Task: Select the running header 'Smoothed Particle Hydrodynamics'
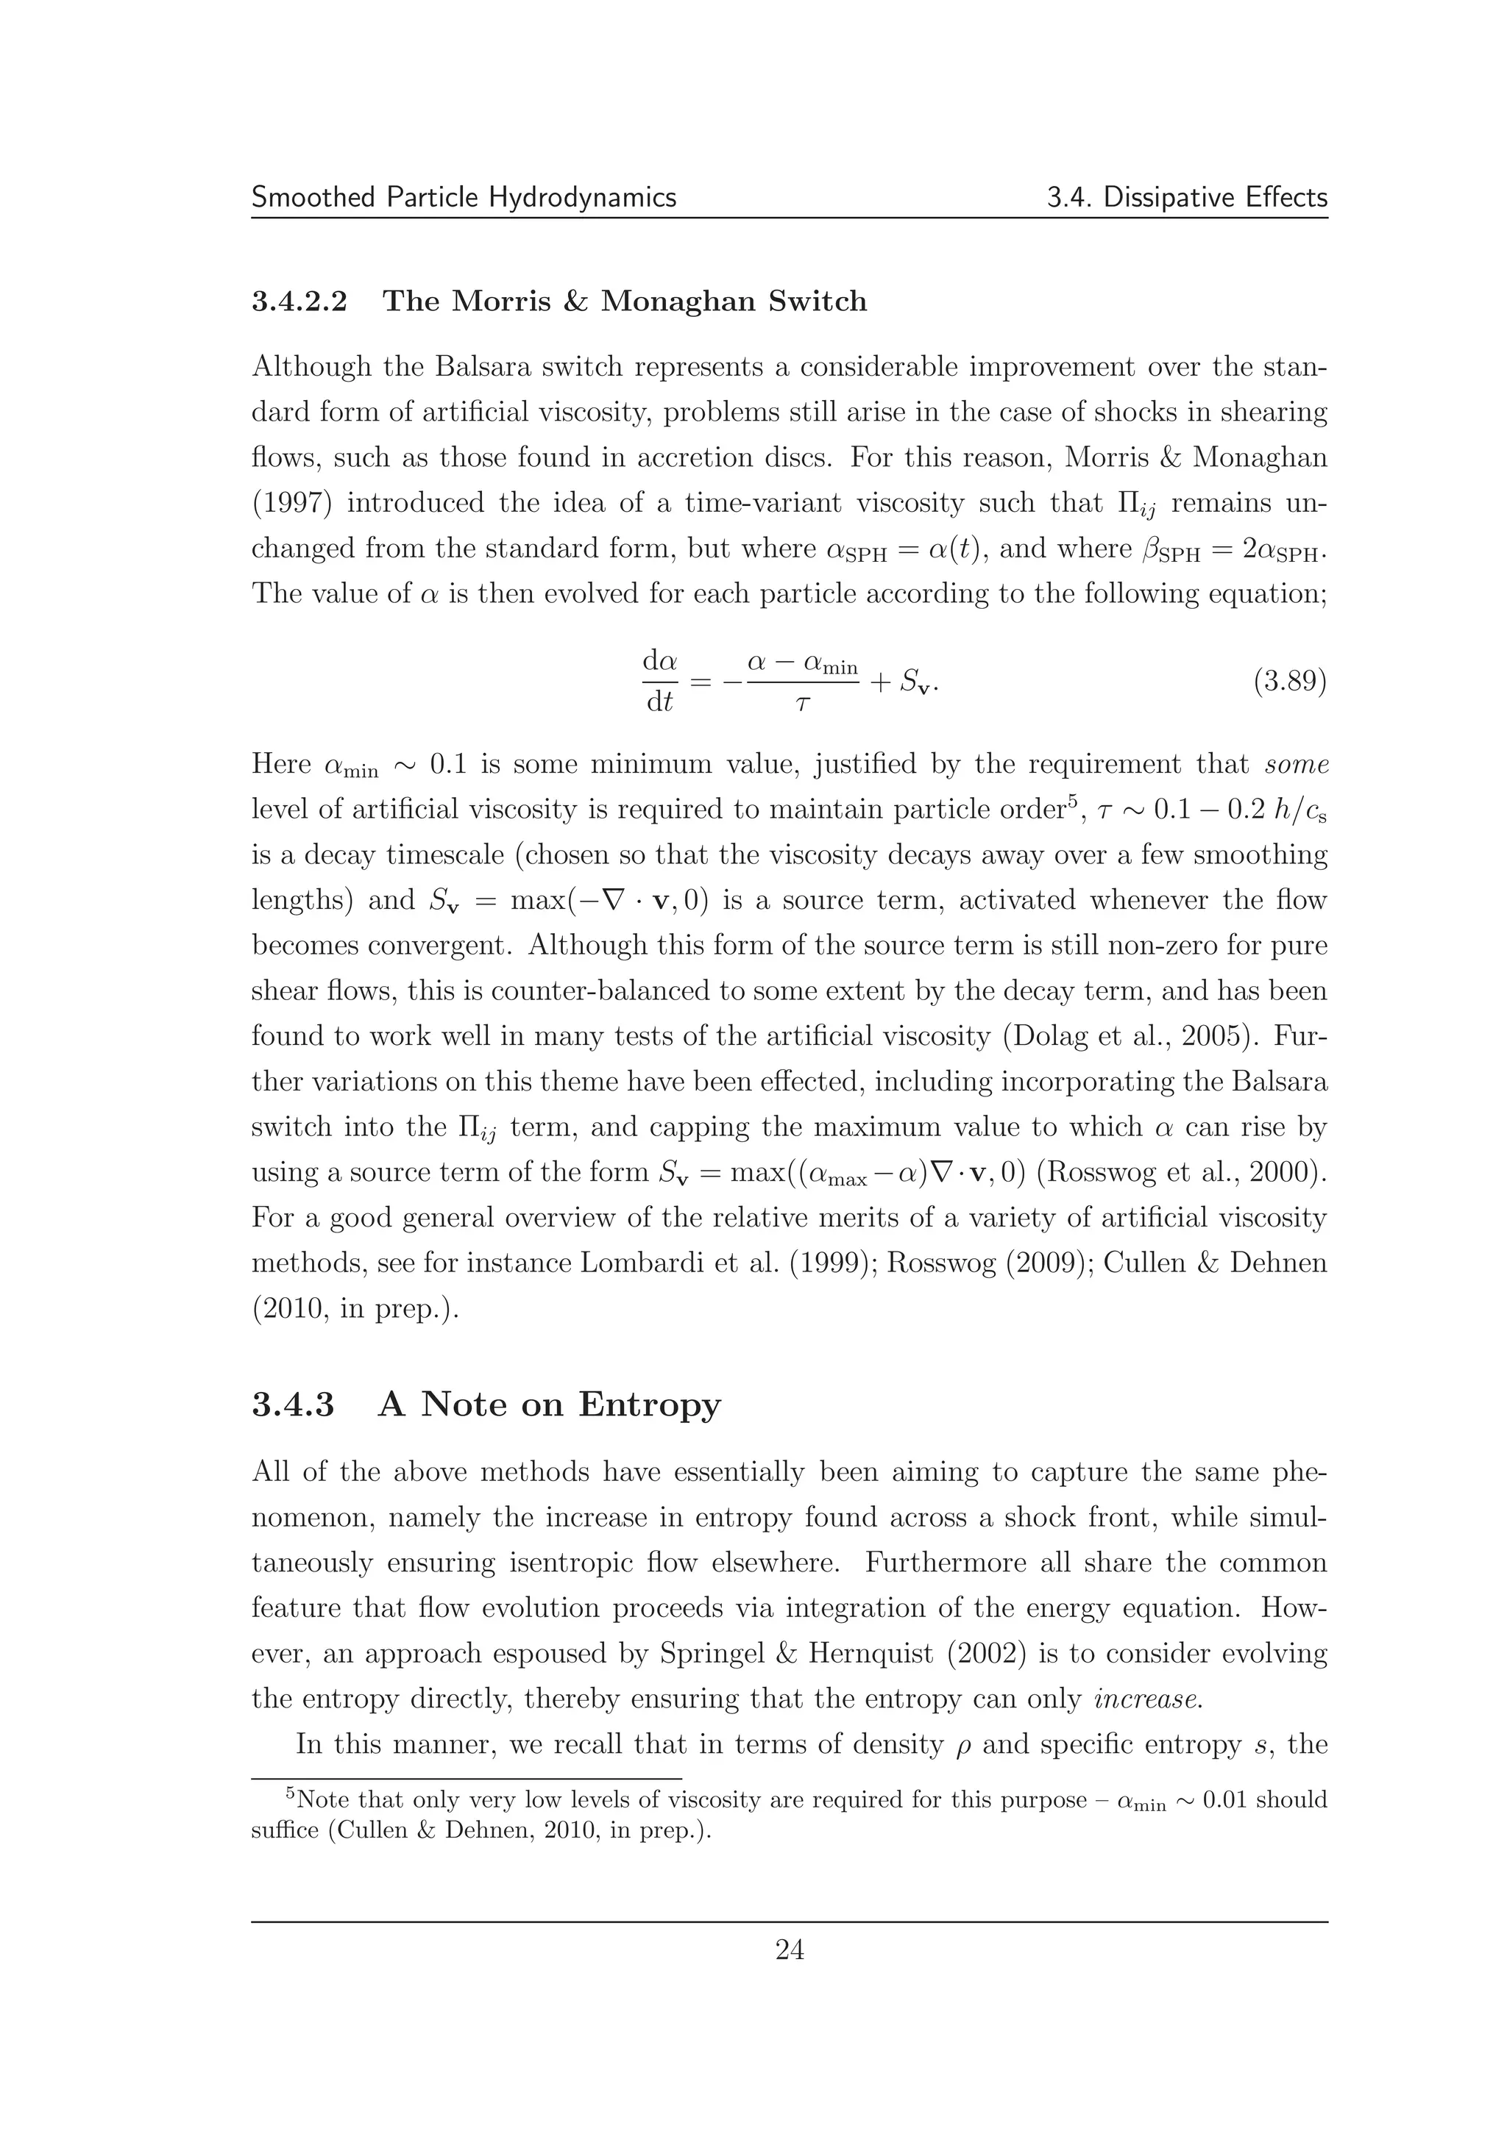464,198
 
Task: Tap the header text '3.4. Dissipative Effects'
1187,198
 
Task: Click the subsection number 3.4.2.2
299,301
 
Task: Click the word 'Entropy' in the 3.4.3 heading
649,1404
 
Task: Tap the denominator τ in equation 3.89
802,704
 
